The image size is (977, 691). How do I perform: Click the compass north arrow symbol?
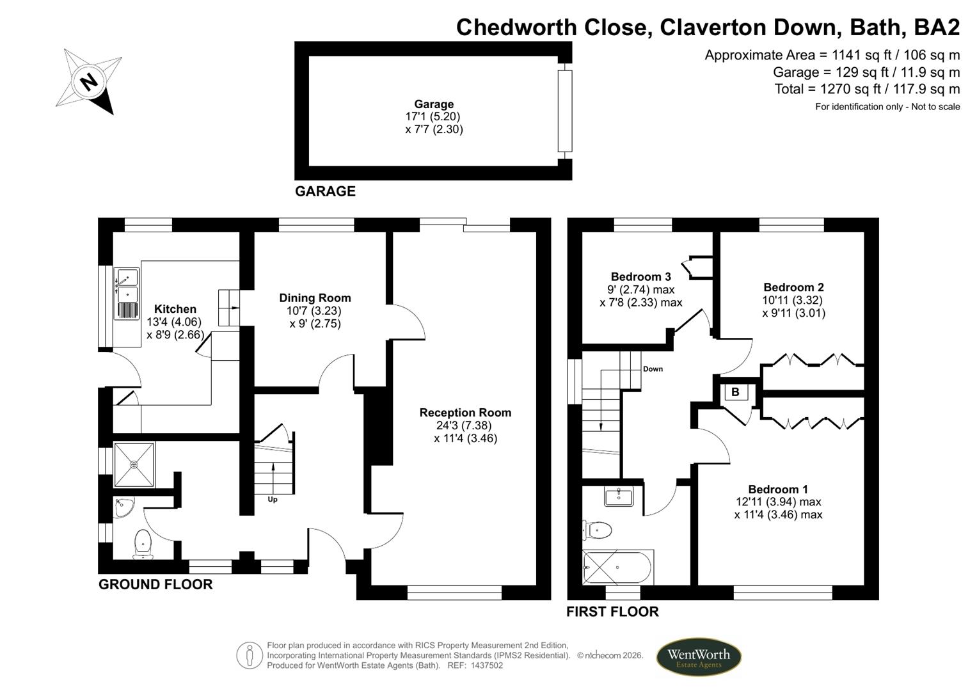tap(90, 81)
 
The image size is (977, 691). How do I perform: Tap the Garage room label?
tap(434, 104)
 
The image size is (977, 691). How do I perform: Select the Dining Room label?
tap(315, 298)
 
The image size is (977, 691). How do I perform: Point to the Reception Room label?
tap(465, 413)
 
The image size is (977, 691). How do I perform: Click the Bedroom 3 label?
tap(640, 277)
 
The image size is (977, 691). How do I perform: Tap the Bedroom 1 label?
tap(778, 489)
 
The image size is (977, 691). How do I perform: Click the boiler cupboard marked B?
tap(735, 392)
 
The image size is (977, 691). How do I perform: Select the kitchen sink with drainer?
tap(127, 294)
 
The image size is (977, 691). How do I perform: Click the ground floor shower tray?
tap(134, 465)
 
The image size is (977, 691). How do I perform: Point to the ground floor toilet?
tap(143, 542)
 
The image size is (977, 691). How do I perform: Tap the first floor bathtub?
tap(617, 567)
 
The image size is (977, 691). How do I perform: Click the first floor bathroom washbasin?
tap(619, 496)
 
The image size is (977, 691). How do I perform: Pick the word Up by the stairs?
tap(273, 500)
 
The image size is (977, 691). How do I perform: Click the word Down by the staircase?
tap(653, 369)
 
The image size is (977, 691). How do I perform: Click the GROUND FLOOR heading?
tap(155, 584)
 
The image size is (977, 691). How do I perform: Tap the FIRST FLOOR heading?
tap(612, 612)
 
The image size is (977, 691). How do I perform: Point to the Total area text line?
tap(867, 89)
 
